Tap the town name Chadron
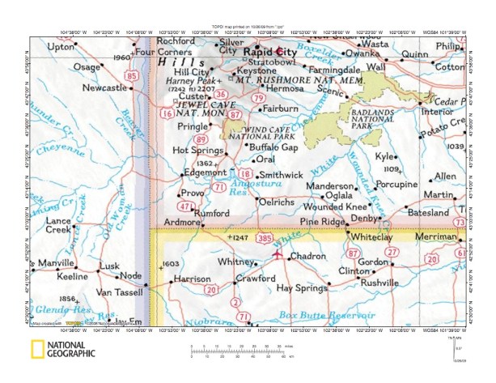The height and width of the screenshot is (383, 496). click(x=307, y=257)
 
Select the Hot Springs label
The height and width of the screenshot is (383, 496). click(x=191, y=150)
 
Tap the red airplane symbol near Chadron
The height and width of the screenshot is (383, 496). click(x=279, y=254)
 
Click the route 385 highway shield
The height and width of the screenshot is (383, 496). click(x=264, y=239)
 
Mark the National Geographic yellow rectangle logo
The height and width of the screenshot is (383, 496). click(x=37, y=350)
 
